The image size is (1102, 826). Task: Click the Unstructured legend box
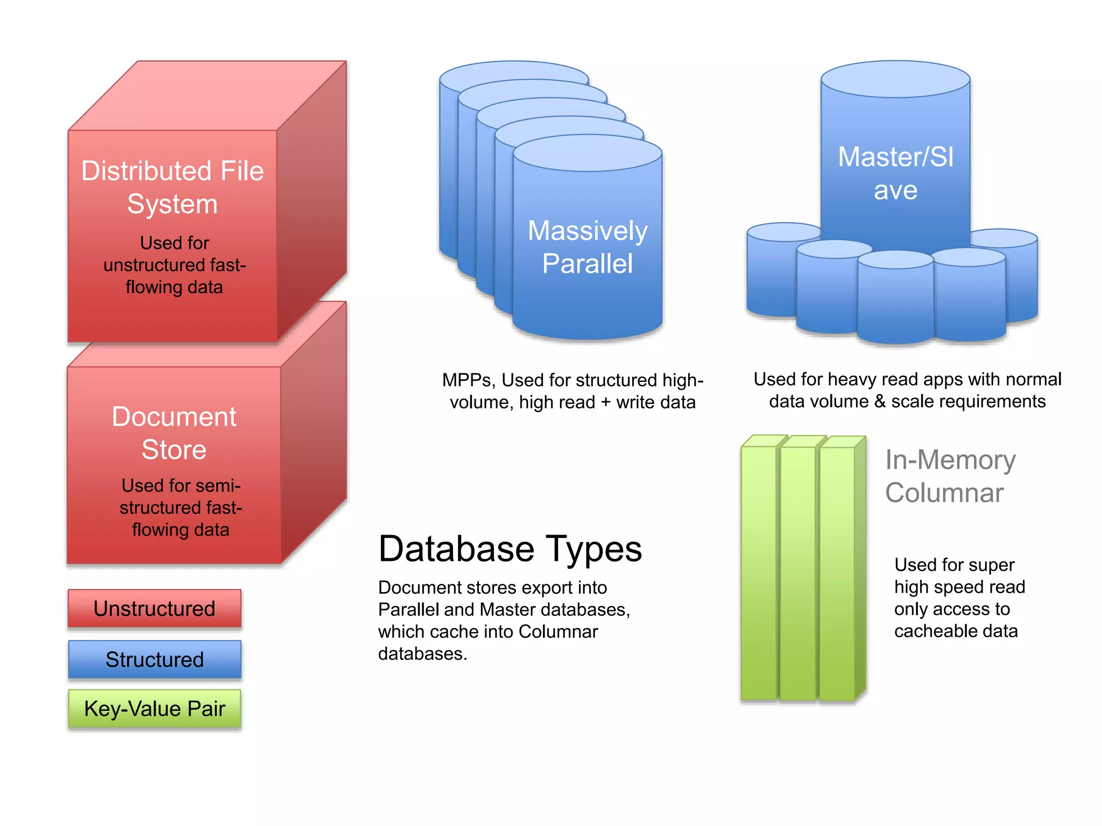[x=154, y=608]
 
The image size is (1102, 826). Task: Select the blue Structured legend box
[x=154, y=659]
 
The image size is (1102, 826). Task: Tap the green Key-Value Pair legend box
[x=154, y=708]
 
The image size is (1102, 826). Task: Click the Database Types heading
[x=510, y=549]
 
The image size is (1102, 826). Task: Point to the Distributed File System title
[x=172, y=187]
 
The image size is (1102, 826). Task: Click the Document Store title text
[x=174, y=433]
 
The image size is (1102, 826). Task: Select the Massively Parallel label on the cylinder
[x=587, y=247]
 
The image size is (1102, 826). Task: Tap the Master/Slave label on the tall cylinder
[x=895, y=173]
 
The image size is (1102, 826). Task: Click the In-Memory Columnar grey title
[x=950, y=476]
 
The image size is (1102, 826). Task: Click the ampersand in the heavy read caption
[x=880, y=401]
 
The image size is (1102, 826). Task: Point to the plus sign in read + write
[x=606, y=402]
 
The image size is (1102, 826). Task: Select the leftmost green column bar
[x=759, y=570]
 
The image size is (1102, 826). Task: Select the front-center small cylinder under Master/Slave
[x=895, y=298]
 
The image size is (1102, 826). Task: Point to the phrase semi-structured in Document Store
[x=181, y=496]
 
